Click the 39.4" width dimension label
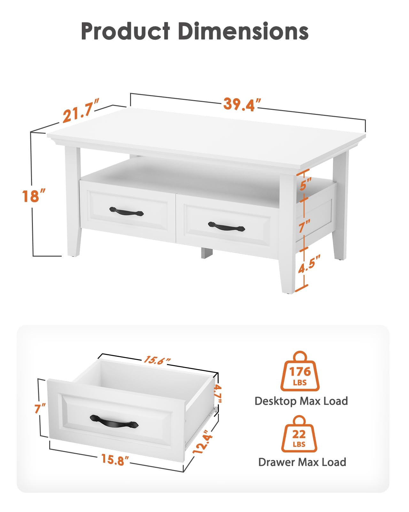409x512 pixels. [x=242, y=104]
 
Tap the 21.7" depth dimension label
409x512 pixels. [x=81, y=111]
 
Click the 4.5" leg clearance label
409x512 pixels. [x=309, y=264]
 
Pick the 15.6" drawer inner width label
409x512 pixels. [x=157, y=360]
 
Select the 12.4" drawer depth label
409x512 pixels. [x=202, y=442]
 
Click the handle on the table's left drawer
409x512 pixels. [x=127, y=211]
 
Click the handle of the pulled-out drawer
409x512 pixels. [x=114, y=422]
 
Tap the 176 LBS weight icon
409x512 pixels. [x=300, y=372]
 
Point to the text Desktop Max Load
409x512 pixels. [x=301, y=401]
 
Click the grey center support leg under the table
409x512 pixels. [x=207, y=253]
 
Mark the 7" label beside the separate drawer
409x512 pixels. [x=40, y=408]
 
